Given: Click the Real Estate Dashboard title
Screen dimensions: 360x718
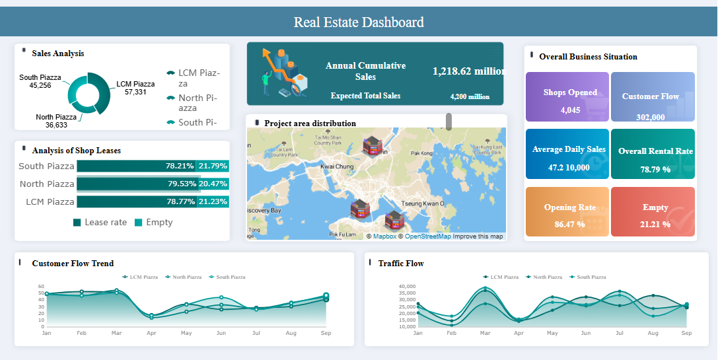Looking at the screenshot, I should [x=359, y=22].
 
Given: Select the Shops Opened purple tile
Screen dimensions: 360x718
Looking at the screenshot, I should [x=567, y=97].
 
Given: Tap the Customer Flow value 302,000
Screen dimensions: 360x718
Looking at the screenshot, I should [x=650, y=117].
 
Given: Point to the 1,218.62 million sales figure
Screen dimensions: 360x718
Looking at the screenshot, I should [x=468, y=71].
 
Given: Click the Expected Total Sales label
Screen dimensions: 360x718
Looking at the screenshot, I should [x=365, y=96].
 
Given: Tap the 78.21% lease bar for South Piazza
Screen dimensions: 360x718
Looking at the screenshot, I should [x=137, y=166].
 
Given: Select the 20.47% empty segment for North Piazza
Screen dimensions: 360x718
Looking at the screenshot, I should [x=213, y=184].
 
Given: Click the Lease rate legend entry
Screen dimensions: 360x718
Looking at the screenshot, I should [x=100, y=223].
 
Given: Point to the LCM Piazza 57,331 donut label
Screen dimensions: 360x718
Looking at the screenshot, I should [x=135, y=88].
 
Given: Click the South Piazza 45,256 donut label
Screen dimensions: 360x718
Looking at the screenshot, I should [x=40, y=81].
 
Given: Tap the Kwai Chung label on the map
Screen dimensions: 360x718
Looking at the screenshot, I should [x=336, y=167].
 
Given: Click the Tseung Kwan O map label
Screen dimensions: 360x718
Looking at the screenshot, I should [x=423, y=203].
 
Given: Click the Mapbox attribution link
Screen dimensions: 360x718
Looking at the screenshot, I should [x=384, y=236].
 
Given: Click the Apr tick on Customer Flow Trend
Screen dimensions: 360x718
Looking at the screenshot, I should [x=151, y=334].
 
